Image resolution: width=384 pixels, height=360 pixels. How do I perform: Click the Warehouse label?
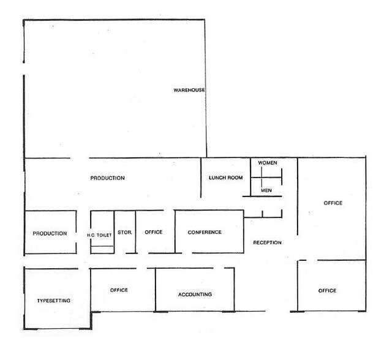point(189,91)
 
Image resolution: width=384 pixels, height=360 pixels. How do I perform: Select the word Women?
point(268,163)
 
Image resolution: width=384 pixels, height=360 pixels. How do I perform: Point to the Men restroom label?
point(266,190)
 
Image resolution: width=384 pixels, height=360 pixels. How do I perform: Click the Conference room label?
point(205,233)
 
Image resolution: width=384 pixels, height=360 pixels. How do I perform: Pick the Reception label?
point(267,243)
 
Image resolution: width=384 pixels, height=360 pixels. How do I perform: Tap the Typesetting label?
point(53,301)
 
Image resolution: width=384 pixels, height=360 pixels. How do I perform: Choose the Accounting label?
point(195,294)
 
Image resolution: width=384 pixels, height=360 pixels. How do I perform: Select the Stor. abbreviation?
point(124,233)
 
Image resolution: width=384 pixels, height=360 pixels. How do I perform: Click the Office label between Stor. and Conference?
point(153,233)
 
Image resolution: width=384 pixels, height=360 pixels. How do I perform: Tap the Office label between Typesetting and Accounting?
point(119,290)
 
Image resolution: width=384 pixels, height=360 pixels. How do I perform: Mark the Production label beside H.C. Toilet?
point(50,233)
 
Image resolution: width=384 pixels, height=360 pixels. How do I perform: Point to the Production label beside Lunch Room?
point(108,178)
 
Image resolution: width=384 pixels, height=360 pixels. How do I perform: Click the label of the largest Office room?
point(333,203)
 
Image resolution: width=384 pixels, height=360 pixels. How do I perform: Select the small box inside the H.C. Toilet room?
point(102,248)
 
